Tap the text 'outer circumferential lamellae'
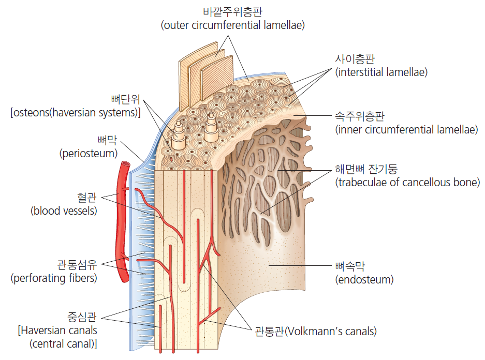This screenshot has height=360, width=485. click(232, 24)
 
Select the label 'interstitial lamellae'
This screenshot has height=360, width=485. click(381, 72)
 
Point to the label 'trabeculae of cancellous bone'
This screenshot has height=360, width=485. click(407, 182)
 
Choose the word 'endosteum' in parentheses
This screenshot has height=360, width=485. click(364, 280)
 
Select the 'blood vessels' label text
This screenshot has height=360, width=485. click(64, 211)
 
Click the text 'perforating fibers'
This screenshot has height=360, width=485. click(54, 278)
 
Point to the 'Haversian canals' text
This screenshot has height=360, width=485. click(57, 330)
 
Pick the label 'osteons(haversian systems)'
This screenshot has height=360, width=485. click(76, 113)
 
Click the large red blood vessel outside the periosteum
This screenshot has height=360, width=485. click(121, 222)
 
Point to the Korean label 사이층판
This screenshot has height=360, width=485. click(355, 59)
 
